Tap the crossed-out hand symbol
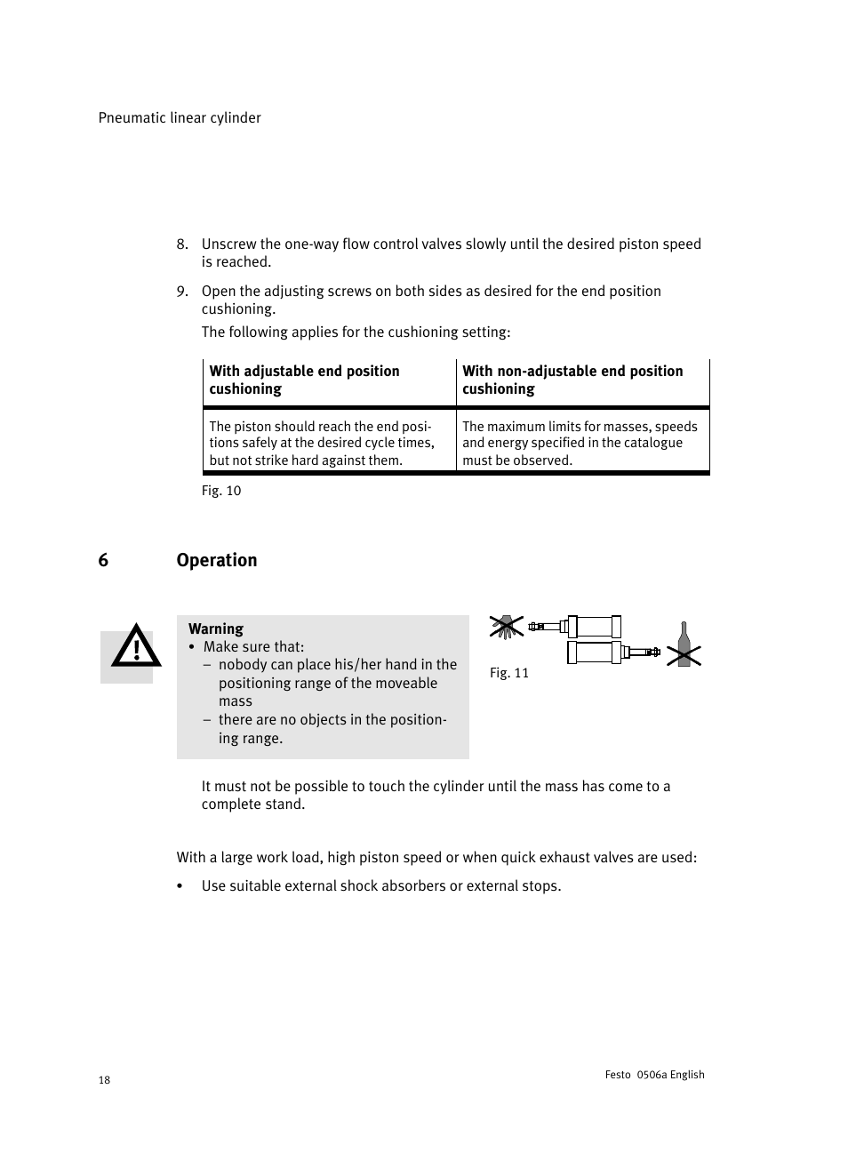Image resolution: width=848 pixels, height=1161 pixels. pyautogui.click(x=507, y=627)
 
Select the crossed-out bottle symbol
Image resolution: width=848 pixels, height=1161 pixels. pyautogui.click(x=684, y=646)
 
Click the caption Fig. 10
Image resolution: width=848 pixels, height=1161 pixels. pyautogui.click(x=221, y=491)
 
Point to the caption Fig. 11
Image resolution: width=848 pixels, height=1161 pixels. pyautogui.click(x=509, y=673)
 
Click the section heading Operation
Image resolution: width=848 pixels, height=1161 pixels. pyautogui.click(x=217, y=560)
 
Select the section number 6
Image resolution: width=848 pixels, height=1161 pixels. pyautogui.click(x=103, y=560)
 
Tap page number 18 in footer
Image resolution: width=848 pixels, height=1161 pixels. pyautogui.click(x=104, y=1080)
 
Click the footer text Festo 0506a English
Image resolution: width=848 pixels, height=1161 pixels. pyautogui.click(x=654, y=1075)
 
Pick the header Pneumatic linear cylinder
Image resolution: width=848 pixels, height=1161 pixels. pyautogui.click(x=180, y=118)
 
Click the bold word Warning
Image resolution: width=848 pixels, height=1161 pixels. pyautogui.click(x=216, y=629)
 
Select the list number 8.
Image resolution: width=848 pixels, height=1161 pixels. pyautogui.click(x=181, y=244)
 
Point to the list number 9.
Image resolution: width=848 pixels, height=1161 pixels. pyautogui.click(x=181, y=292)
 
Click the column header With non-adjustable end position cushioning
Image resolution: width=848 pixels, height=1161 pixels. pyautogui.click(x=572, y=380)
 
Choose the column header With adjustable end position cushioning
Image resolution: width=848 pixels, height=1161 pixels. pyautogui.click(x=304, y=380)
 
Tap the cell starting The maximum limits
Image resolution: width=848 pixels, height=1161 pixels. pyautogui.click(x=580, y=443)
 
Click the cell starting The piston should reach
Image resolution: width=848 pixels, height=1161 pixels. pyautogui.click(x=322, y=443)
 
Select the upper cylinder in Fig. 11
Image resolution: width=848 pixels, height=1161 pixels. pyautogui.click(x=593, y=627)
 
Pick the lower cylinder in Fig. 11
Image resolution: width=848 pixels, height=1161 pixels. pyautogui.click(x=595, y=653)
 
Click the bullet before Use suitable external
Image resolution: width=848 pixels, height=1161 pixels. pyautogui.click(x=180, y=886)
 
